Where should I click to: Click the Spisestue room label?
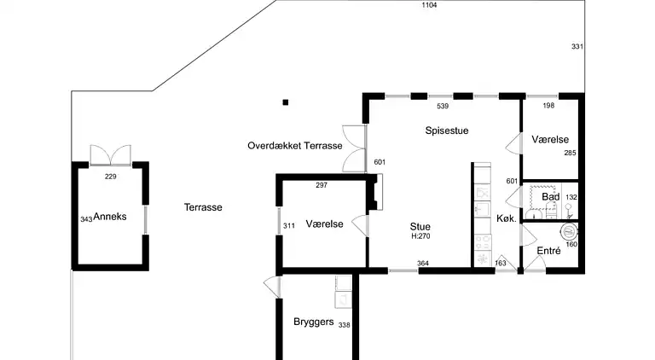(x=448, y=131)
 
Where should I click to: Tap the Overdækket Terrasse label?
(x=295, y=146)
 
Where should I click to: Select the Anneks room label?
(x=110, y=217)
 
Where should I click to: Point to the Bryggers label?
(x=313, y=322)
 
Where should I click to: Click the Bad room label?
(x=551, y=197)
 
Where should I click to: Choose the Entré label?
(x=548, y=251)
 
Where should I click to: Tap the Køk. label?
(x=507, y=218)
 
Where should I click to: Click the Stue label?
(x=419, y=226)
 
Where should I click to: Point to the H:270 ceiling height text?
(x=420, y=236)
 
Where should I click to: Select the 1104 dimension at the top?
(x=430, y=6)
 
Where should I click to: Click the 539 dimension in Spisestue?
(x=443, y=107)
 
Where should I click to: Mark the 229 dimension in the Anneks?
(x=110, y=177)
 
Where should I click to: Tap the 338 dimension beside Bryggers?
(x=344, y=325)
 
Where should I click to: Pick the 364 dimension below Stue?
(x=423, y=263)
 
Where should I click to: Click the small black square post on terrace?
(x=286, y=102)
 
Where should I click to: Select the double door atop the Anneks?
(x=110, y=154)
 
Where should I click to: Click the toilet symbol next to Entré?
(x=566, y=231)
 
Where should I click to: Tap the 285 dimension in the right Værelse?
(x=570, y=154)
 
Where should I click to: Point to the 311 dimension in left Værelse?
(x=289, y=225)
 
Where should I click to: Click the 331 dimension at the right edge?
(x=577, y=46)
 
